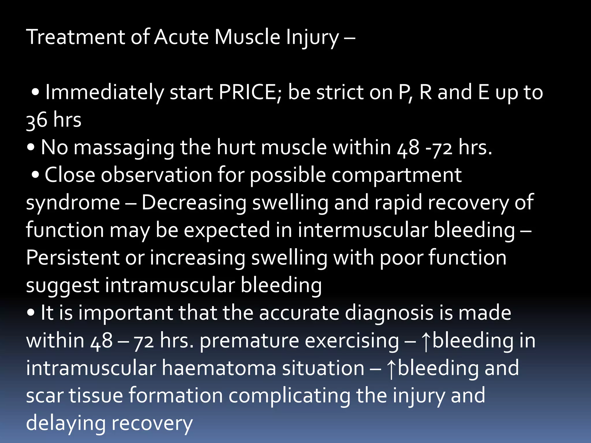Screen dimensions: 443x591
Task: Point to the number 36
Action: click(x=37, y=120)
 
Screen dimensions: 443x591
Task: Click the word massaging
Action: click(x=124, y=148)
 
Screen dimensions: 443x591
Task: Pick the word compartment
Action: click(x=397, y=175)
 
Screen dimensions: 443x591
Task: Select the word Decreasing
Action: click(x=194, y=202)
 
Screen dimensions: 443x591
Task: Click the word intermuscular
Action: click(x=363, y=230)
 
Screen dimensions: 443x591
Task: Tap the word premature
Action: click(x=249, y=341)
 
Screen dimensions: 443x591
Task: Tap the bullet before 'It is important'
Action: click(x=31, y=313)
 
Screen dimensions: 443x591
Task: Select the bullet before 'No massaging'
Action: click(x=31, y=148)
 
